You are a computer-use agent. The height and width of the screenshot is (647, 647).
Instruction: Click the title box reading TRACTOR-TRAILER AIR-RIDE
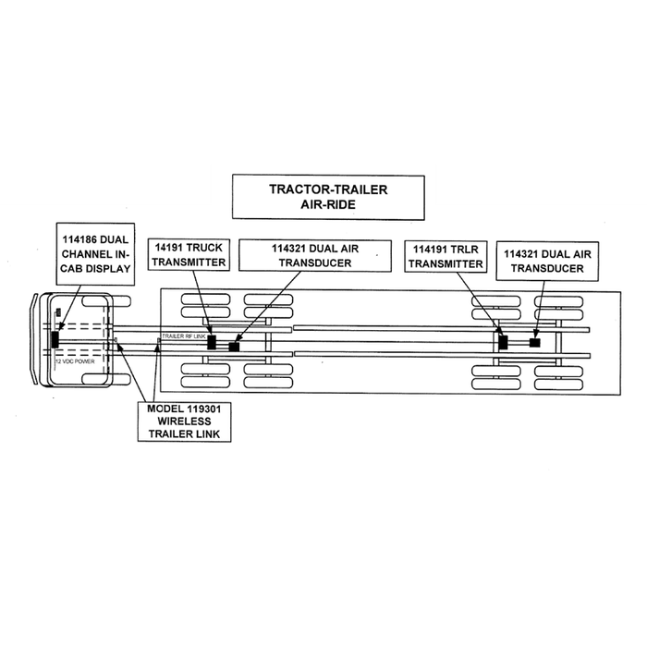(x=328, y=197)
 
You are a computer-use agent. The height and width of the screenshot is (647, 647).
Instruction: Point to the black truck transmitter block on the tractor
(x=213, y=341)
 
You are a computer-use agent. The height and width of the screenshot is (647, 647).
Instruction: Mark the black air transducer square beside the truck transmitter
(x=234, y=347)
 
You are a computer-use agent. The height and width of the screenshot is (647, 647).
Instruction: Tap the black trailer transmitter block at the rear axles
(x=503, y=342)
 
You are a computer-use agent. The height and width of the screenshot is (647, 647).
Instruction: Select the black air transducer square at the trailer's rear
(x=534, y=343)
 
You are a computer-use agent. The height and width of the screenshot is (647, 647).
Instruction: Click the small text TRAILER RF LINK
(x=183, y=336)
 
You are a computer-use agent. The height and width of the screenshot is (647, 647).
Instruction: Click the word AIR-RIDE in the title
(x=328, y=205)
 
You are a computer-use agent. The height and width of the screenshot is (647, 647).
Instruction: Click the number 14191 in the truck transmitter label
(x=171, y=248)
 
